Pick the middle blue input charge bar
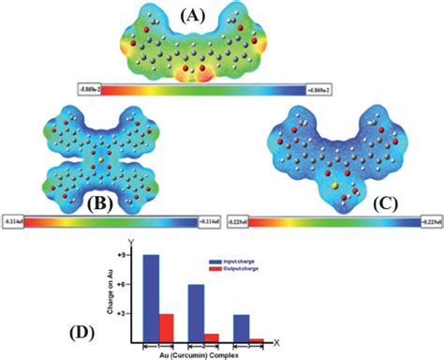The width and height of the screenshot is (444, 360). click(x=196, y=312)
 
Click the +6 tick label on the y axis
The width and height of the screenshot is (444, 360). click(x=122, y=284)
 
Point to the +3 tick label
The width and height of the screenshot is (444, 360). click(x=122, y=313)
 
